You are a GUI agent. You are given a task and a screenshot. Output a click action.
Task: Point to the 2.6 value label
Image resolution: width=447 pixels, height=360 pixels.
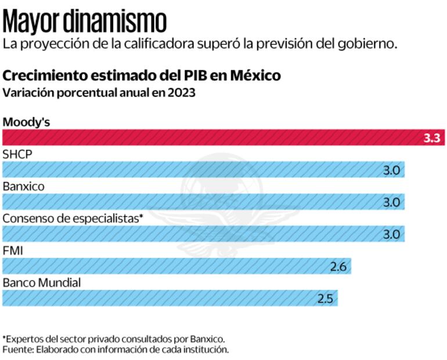pos(338,267)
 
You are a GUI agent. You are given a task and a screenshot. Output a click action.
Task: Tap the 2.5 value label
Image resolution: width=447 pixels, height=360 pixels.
pos(325,299)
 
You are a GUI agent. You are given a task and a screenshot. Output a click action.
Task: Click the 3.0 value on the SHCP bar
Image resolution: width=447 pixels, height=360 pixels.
pos(391,170)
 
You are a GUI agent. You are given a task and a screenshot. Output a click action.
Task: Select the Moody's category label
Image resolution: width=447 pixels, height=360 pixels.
pos(26,122)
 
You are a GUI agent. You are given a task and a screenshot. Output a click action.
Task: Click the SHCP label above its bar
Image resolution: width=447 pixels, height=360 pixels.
pos(17,154)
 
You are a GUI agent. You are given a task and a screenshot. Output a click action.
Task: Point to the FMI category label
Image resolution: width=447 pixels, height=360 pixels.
pos(12,251)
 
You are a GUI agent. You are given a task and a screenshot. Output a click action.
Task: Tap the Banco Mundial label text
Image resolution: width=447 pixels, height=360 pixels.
pos(41,283)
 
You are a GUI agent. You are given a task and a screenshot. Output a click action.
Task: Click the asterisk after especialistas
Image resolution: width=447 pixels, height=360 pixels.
pos(140,217)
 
